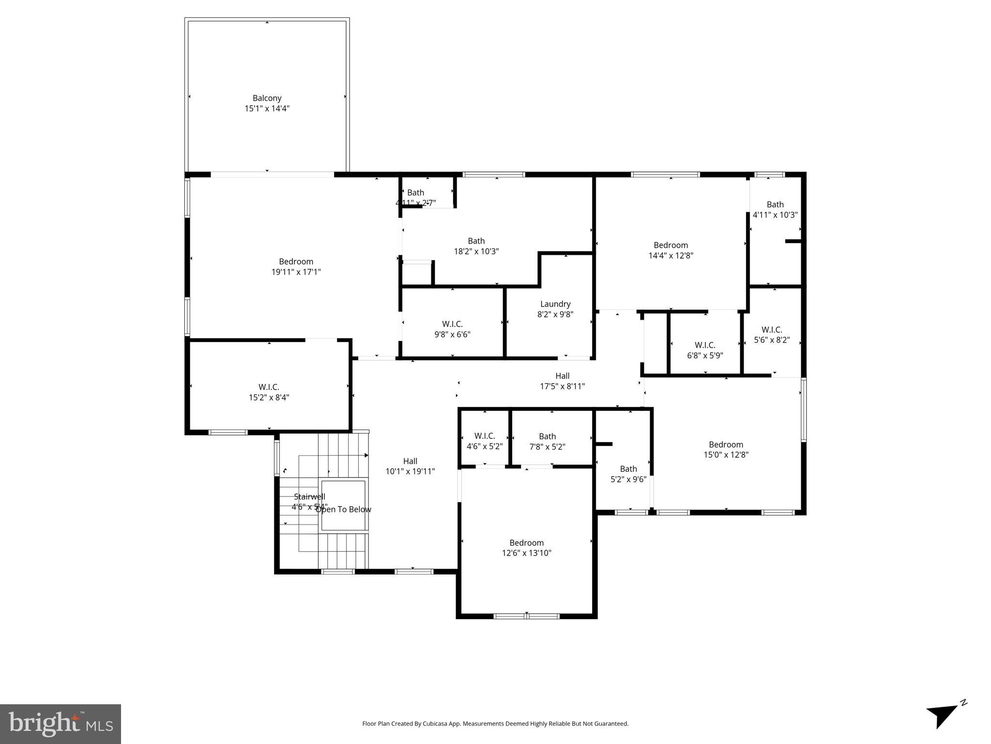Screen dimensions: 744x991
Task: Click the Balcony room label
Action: click(x=267, y=98)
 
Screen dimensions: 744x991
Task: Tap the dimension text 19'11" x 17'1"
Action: click(x=296, y=272)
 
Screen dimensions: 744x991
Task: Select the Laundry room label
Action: click(x=555, y=304)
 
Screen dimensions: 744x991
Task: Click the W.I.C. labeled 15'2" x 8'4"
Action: click(x=269, y=392)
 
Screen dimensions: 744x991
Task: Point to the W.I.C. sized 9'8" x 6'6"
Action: click(x=452, y=329)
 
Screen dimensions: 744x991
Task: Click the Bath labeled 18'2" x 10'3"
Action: click(x=476, y=246)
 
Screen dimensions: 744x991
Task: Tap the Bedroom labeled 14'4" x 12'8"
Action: click(x=671, y=250)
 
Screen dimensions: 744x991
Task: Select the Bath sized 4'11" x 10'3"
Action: click(x=775, y=210)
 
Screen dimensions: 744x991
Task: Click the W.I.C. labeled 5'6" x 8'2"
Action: click(x=772, y=335)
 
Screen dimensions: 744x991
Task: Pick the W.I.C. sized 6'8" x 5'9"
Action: click(x=705, y=350)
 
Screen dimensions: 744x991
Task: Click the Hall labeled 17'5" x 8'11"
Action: click(x=562, y=381)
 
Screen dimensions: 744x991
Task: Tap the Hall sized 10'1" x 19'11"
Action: click(x=410, y=466)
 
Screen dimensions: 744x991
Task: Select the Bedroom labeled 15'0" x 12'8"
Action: click(x=726, y=449)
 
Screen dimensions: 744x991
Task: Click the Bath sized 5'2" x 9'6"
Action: click(x=628, y=474)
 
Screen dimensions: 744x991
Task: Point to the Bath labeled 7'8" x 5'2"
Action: click(x=547, y=442)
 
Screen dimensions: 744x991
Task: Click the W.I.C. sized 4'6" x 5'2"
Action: click(x=485, y=442)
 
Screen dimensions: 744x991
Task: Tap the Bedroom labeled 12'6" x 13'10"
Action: click(x=526, y=548)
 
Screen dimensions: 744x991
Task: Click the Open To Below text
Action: click(x=343, y=510)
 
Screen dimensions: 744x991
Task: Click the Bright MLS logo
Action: click(x=61, y=724)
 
